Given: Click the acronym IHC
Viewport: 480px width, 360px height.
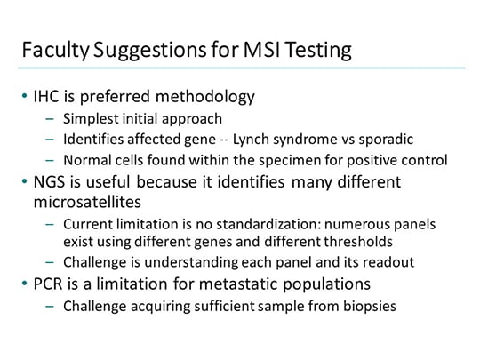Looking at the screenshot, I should [46, 96].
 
